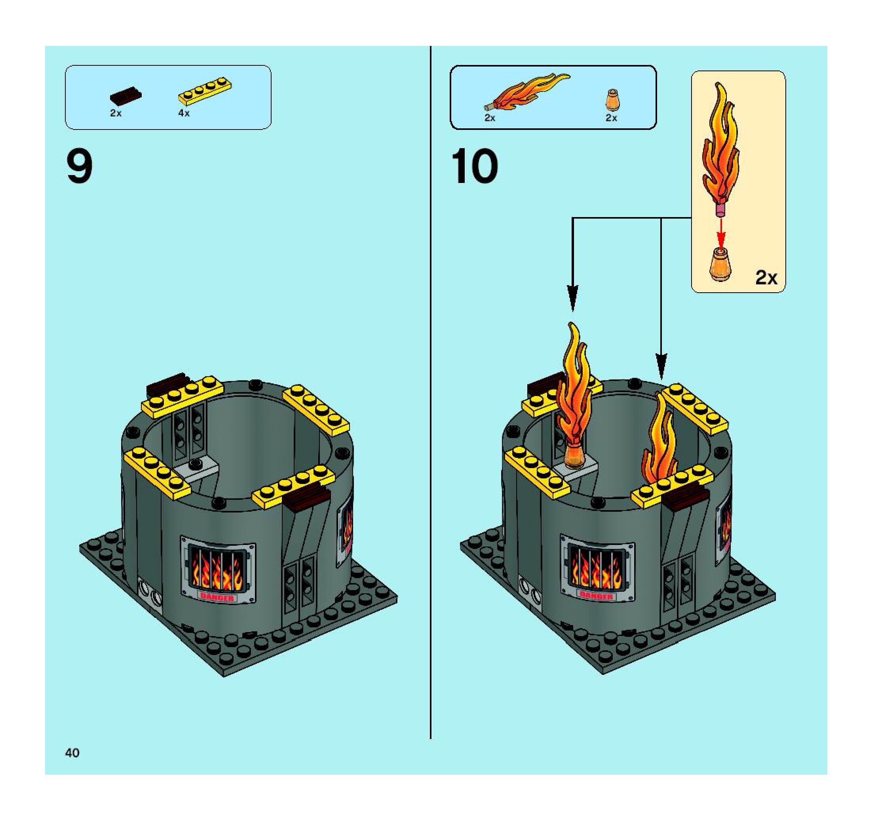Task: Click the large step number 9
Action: [80, 167]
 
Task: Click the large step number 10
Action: [475, 167]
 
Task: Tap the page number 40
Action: [72, 753]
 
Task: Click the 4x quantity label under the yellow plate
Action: [184, 113]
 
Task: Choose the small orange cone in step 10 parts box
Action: [612, 100]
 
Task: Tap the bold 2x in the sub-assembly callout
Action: [766, 277]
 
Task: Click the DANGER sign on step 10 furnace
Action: [596, 596]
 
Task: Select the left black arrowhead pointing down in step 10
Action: [572, 299]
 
